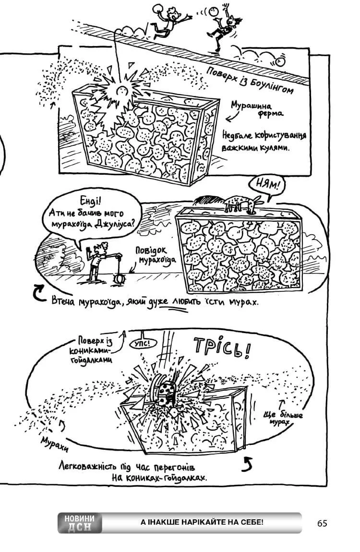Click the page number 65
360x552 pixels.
click(322, 523)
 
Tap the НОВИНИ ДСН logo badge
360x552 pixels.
click(80, 523)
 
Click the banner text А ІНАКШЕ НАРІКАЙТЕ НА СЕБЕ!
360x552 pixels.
click(202, 522)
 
